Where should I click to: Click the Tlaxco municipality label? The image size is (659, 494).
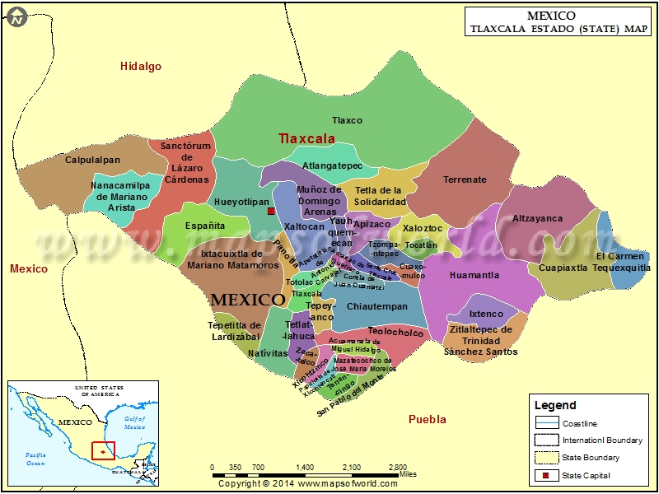(x=347, y=120)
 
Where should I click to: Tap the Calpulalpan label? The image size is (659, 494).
(x=92, y=160)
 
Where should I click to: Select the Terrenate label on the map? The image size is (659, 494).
(x=465, y=179)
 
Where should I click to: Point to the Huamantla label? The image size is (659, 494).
(x=474, y=275)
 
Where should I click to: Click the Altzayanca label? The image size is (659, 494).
(x=537, y=218)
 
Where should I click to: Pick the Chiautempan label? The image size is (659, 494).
(x=377, y=306)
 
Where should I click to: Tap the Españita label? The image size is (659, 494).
(x=204, y=225)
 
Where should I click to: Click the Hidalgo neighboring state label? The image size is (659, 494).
(x=141, y=67)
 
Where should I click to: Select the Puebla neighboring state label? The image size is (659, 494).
(x=428, y=419)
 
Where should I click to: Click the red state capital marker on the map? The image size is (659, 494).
(x=270, y=212)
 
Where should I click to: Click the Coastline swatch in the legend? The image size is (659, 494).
(x=546, y=423)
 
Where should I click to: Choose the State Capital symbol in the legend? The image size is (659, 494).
(x=546, y=475)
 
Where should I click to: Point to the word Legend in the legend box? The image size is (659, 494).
(x=555, y=405)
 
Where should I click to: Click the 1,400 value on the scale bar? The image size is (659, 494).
(x=305, y=467)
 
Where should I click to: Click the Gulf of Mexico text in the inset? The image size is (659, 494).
(x=134, y=423)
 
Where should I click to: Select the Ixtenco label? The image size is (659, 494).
(x=486, y=314)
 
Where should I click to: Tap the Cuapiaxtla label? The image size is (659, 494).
(x=563, y=268)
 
